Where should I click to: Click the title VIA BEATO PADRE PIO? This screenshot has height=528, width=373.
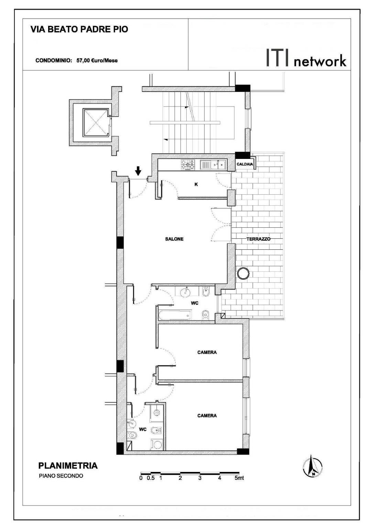[79, 29]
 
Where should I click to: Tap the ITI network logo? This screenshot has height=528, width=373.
[306, 58]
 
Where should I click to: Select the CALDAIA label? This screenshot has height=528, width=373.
[245, 164]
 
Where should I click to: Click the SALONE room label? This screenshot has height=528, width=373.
[174, 239]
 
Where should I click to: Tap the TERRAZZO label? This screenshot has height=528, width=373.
[258, 239]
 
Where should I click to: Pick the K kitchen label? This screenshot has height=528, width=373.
[196, 184]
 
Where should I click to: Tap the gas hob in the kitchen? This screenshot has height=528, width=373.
[188, 165]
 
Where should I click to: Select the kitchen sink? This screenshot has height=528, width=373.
[213, 165]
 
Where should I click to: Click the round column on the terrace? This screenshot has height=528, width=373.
[243, 274]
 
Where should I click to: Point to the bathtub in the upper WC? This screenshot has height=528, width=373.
[175, 315]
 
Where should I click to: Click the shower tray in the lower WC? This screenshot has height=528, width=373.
[156, 412]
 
